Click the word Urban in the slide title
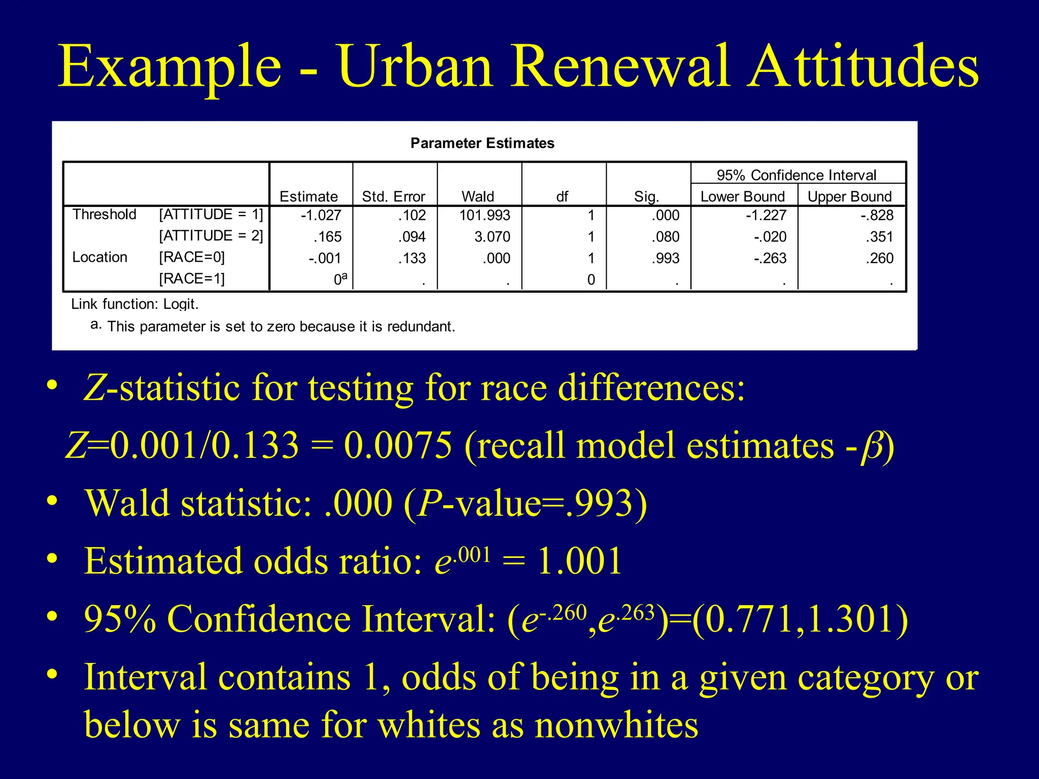coord(415,66)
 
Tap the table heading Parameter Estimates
coord(482,143)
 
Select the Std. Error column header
coord(393,196)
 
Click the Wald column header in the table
coord(477,196)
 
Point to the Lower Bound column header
coord(742,196)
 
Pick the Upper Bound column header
coord(849,196)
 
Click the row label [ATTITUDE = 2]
coord(211,236)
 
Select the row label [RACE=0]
coord(192,257)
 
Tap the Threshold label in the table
coord(104,215)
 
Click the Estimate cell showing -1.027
coord(321,215)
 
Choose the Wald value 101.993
coord(484,215)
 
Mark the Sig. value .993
coord(665,258)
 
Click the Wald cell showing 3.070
coord(492,237)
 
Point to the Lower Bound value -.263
coord(770,258)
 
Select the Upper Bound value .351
coord(879,237)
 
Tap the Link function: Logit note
coord(135,304)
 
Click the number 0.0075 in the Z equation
coord(398,445)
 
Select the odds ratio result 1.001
coord(579,561)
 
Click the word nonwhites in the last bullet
coord(616,724)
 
